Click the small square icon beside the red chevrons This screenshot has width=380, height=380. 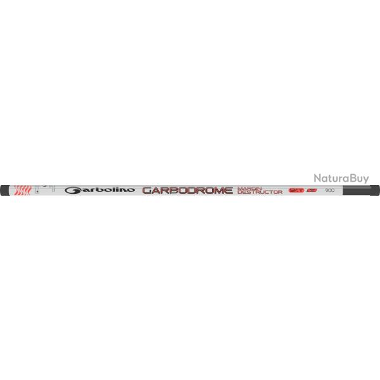tap(39, 189)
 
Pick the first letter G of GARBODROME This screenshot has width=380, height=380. tap(146, 189)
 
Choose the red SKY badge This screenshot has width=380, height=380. tap(296, 189)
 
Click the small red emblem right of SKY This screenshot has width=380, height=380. tap(311, 189)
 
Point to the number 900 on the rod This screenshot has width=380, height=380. tap(329, 189)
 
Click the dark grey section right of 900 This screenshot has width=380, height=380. tap(355, 189)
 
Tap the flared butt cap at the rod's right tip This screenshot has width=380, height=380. tap(376, 189)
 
